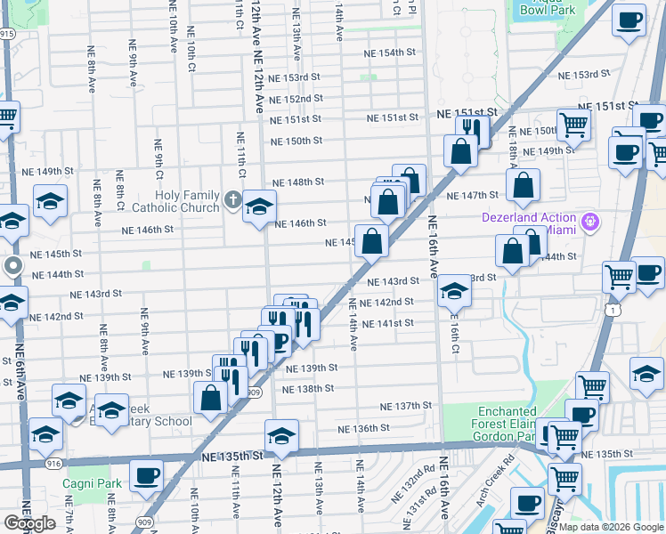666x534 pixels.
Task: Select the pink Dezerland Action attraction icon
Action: (589, 220)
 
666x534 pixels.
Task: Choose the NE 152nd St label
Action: (295, 99)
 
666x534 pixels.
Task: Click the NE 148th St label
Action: (297, 182)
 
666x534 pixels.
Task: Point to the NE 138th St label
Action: (307, 389)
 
